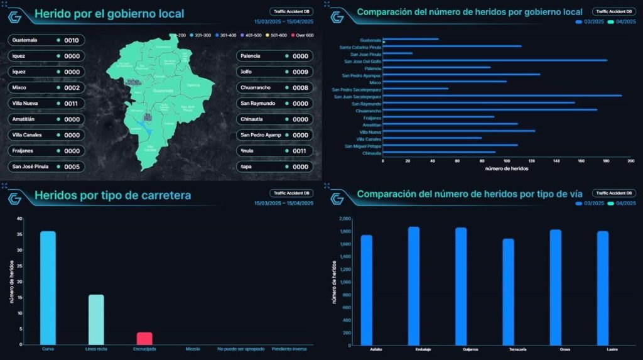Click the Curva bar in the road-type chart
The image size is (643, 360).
tap(48, 287)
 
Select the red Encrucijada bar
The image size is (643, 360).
tap(144, 338)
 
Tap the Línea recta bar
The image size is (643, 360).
tap(96, 319)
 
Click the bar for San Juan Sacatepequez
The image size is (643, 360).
tap(502, 95)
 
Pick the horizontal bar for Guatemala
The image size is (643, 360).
tap(410, 39)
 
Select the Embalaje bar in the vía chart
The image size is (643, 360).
tap(413, 285)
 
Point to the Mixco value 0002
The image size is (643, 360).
tap(72, 87)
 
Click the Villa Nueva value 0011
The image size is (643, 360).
tap(72, 103)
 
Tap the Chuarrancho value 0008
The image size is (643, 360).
tap(300, 87)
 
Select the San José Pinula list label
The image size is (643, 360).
tap(29, 166)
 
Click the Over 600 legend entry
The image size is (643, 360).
tap(305, 35)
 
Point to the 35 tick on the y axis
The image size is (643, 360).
tap(19, 234)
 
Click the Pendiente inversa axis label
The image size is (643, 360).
tap(289, 349)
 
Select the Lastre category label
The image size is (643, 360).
tap(602, 349)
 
